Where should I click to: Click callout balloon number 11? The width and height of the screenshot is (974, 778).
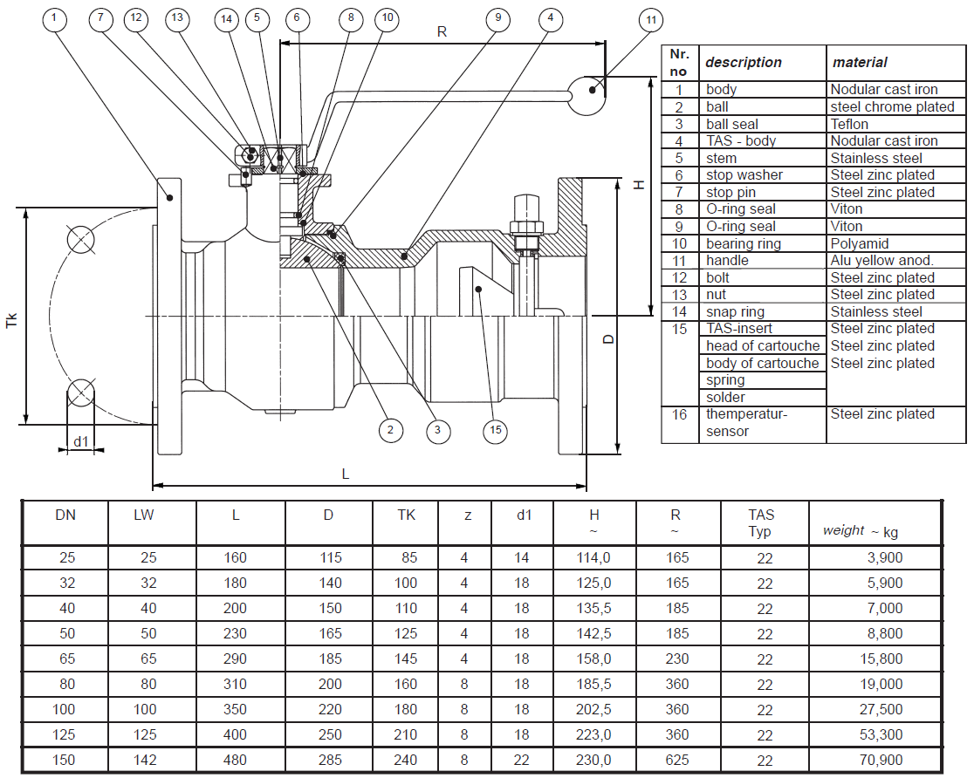[650, 20]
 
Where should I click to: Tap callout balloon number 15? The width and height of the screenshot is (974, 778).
[496, 430]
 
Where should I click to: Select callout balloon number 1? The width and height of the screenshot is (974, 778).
[55, 17]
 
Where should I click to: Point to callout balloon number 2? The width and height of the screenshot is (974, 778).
[390, 429]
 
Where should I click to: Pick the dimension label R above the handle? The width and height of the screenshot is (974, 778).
[442, 31]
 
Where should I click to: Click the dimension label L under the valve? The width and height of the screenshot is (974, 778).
[346, 474]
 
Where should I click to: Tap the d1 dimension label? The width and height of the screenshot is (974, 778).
[81, 441]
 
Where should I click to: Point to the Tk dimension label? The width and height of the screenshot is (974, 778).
[11, 320]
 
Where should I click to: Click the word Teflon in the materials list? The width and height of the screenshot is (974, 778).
[849, 124]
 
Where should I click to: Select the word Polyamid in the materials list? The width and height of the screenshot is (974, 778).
[859, 243]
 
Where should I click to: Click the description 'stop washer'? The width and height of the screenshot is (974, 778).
[744, 175]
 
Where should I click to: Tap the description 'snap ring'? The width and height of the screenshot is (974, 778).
[735, 311]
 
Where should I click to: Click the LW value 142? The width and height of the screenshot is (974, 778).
[144, 760]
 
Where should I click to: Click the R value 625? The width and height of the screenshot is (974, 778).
[676, 760]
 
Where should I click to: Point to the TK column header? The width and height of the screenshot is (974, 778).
[407, 515]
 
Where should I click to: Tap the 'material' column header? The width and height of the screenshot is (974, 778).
[860, 62]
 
